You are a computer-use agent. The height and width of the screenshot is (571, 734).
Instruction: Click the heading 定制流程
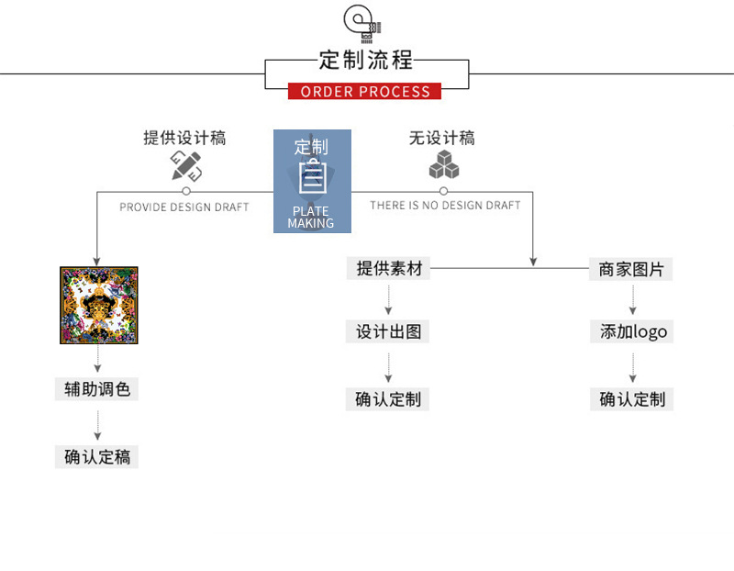click(x=366, y=62)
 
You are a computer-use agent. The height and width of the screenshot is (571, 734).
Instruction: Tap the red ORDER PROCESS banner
click(x=365, y=91)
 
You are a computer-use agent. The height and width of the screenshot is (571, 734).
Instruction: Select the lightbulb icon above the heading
click(x=360, y=23)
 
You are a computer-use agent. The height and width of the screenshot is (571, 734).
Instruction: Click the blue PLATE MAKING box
click(x=312, y=181)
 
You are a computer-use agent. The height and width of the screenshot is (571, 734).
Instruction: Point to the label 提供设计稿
click(x=184, y=138)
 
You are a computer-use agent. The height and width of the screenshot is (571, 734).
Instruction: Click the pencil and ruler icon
click(x=185, y=166)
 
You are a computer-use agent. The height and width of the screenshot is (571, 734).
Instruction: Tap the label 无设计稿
click(x=442, y=138)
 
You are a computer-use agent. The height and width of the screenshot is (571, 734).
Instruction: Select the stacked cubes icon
click(x=444, y=165)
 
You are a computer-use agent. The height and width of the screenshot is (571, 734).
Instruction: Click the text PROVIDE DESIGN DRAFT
click(x=183, y=207)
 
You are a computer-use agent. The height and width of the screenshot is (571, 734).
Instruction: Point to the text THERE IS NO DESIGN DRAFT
click(x=445, y=206)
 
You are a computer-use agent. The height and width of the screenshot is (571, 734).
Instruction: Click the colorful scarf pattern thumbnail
click(x=99, y=306)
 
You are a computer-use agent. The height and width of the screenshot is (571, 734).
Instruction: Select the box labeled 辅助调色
click(x=97, y=389)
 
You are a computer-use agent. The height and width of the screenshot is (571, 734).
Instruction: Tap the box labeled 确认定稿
click(x=97, y=456)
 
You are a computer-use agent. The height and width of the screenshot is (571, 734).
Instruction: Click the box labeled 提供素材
click(x=390, y=269)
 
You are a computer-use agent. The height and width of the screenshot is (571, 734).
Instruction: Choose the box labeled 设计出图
click(x=389, y=331)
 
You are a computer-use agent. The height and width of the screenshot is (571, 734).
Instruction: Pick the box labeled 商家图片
click(x=632, y=270)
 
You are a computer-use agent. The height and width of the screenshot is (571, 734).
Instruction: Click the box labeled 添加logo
click(x=633, y=331)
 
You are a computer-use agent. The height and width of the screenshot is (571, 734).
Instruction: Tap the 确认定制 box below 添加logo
click(x=632, y=399)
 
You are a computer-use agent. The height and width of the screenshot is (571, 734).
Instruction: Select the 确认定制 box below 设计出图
click(x=389, y=399)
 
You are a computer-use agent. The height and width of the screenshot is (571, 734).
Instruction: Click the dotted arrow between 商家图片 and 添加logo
click(x=632, y=300)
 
